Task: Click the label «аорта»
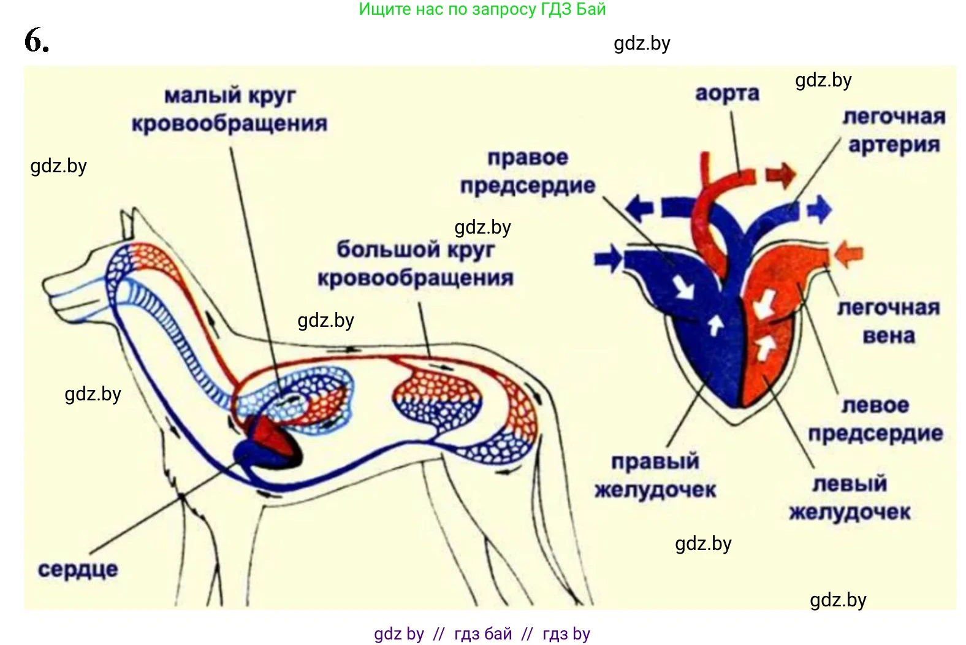pyautogui.click(x=727, y=93)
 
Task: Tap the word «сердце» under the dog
pyautogui.click(x=77, y=570)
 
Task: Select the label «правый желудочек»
pyautogui.click(x=655, y=476)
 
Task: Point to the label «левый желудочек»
pyautogui.click(x=850, y=497)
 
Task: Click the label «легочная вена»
pyautogui.click(x=888, y=321)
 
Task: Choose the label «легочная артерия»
pyautogui.click(x=894, y=131)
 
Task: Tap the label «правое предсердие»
pyautogui.click(x=528, y=172)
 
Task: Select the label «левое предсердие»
pyautogui.click(x=875, y=419)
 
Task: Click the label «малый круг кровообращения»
pyautogui.click(x=230, y=110)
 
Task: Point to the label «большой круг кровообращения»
pyautogui.click(x=416, y=264)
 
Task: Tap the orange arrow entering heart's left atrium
pyautogui.click(x=849, y=253)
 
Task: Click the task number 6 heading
pyautogui.click(x=37, y=41)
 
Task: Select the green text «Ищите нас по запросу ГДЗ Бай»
pyautogui.click(x=482, y=9)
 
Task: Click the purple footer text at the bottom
pyautogui.click(x=482, y=634)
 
